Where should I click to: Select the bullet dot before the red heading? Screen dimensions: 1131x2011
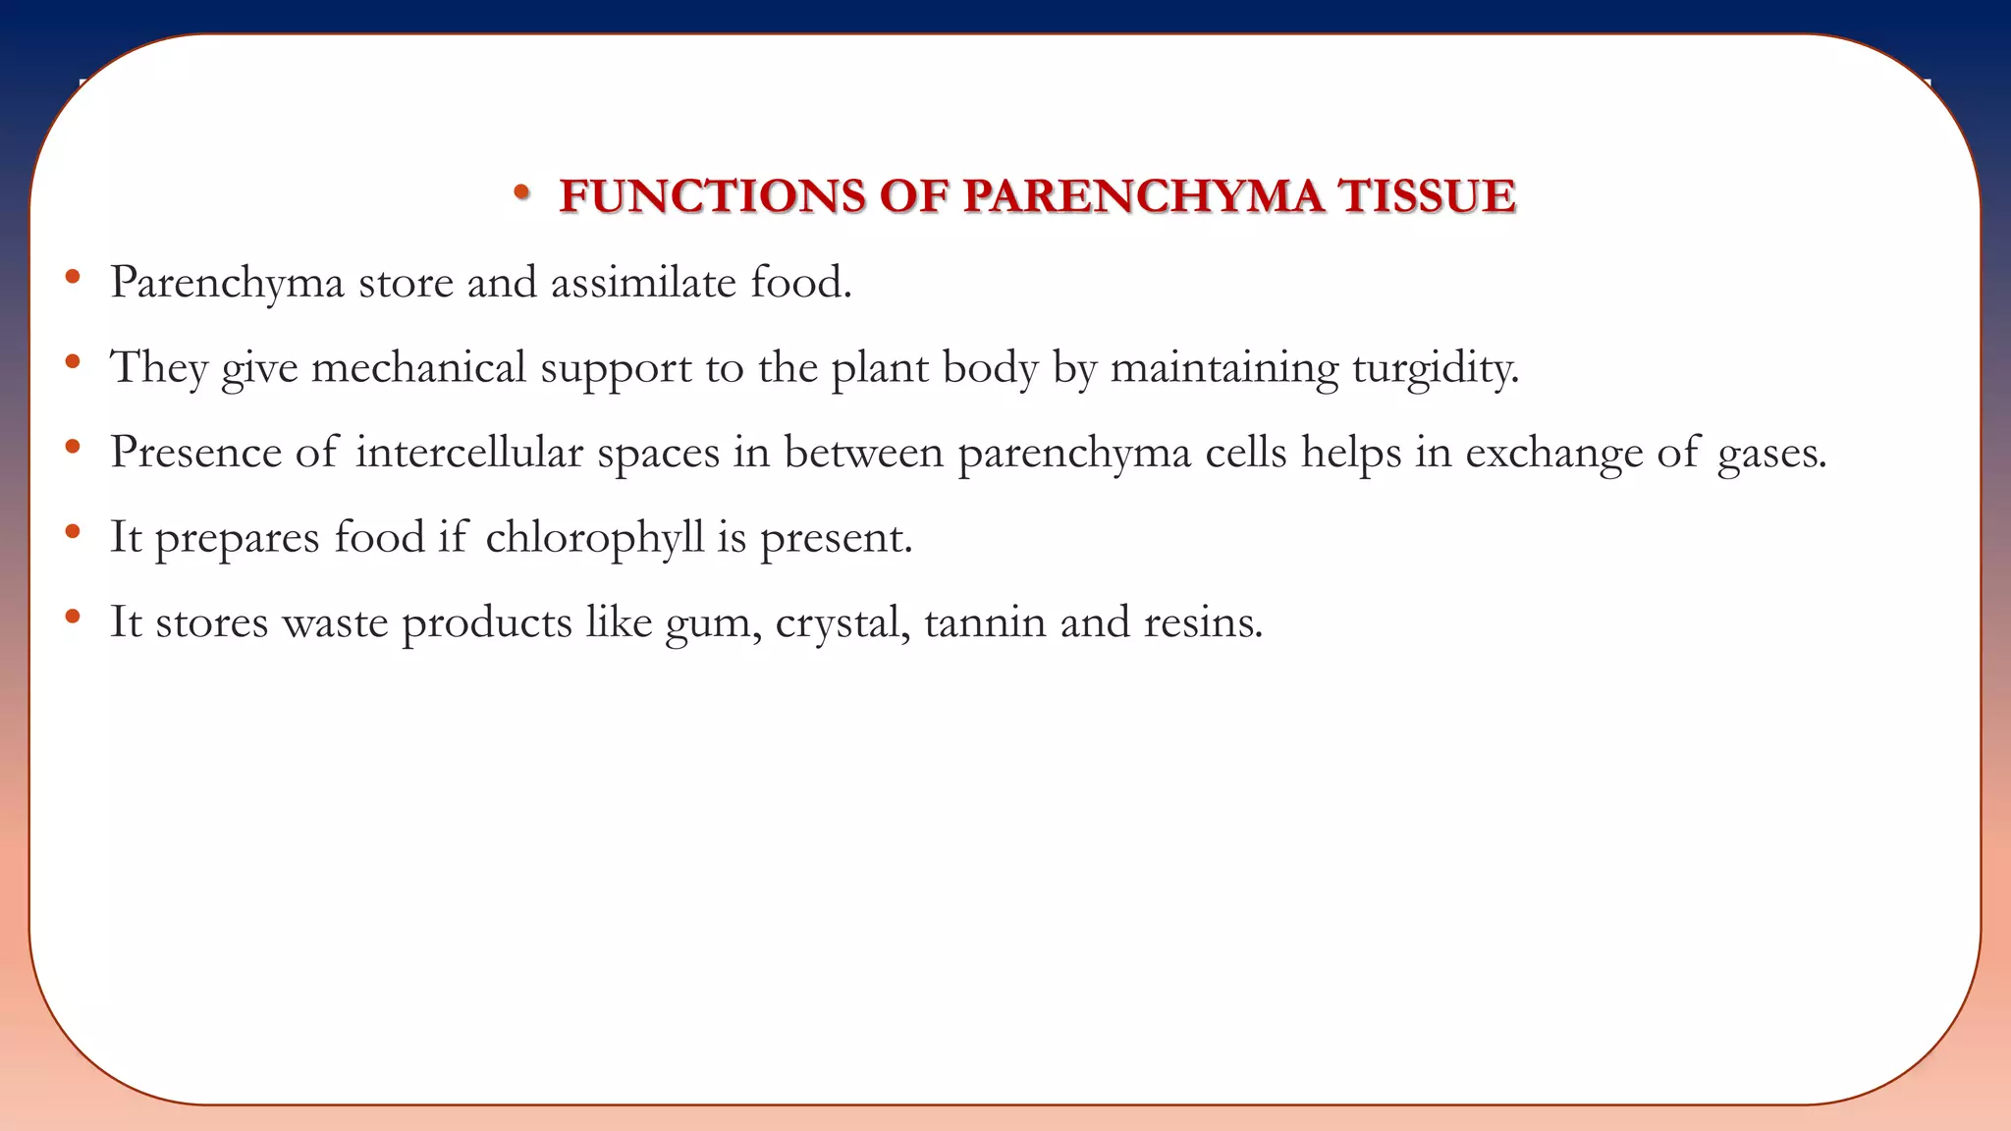[x=521, y=192]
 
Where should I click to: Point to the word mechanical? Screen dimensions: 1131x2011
[x=418, y=368]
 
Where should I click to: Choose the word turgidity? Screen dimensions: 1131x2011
[x=1435, y=368]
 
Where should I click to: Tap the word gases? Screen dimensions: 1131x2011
[x=1771, y=455]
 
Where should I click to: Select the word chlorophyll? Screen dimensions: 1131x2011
[x=595, y=538]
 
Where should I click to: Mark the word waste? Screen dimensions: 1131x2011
[x=335, y=622]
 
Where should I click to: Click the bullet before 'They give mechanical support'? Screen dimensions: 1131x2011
[x=72, y=363]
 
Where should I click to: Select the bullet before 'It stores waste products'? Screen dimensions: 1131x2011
[x=72, y=618]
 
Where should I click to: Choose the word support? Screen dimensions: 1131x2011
[x=616, y=370]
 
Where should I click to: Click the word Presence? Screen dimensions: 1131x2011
[x=195, y=453]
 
